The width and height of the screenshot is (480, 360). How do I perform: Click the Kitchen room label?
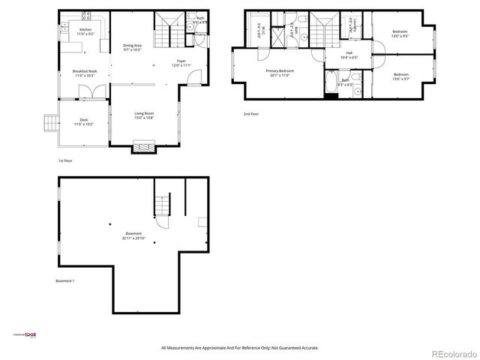click(85, 30)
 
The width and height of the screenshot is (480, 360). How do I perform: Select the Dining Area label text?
click(133, 46)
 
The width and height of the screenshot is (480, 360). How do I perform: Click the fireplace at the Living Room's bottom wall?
click(143, 147)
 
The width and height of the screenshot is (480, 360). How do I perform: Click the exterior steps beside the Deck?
click(50, 122)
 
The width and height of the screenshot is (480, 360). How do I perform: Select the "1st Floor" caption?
click(65, 160)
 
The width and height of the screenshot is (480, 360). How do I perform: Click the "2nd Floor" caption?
click(250, 113)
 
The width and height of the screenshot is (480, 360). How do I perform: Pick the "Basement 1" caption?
click(65, 280)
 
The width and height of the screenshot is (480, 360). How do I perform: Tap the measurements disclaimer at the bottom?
click(240, 348)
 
